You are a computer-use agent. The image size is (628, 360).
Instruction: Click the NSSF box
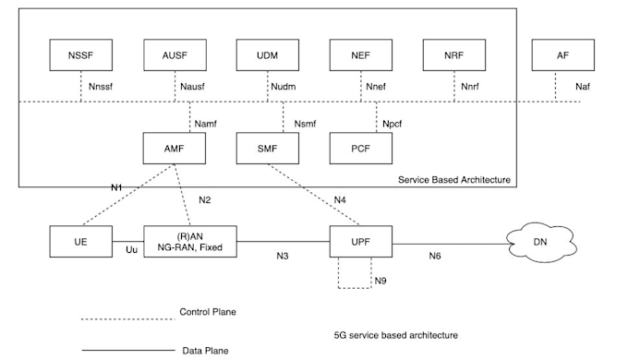coord(80,54)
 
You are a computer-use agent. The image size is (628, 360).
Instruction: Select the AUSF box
coord(173,54)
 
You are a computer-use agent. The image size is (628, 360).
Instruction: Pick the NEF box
coord(360,54)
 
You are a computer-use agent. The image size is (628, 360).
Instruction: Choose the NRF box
coord(453,54)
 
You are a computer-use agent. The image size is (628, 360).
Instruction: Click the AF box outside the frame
coord(562,54)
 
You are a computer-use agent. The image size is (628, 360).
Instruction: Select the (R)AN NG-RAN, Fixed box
coord(189,240)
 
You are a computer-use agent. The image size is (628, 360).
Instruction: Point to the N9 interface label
coord(380,281)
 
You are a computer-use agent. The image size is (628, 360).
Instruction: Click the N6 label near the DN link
coord(435,255)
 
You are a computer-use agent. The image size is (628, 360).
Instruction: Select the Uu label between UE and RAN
coord(131,250)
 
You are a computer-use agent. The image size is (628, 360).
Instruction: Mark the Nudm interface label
coord(283,90)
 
